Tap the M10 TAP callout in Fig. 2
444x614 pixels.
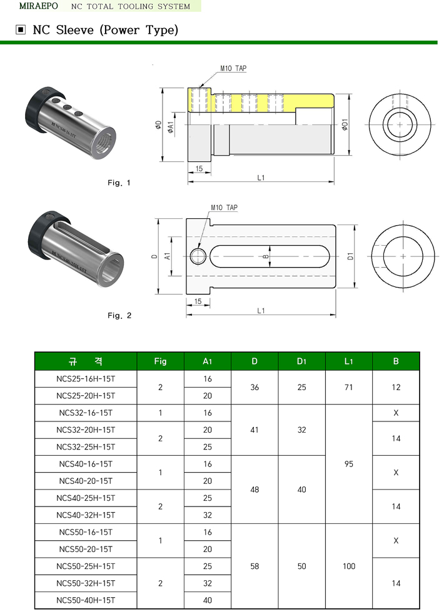[x=224, y=208]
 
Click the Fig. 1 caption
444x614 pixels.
[x=119, y=183]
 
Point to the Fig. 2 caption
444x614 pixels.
[x=119, y=316]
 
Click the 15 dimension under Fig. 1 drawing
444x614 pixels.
[x=199, y=169]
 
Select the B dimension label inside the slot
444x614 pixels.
[x=265, y=256]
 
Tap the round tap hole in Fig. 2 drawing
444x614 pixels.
[x=198, y=256]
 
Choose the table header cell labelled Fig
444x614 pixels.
[x=160, y=361]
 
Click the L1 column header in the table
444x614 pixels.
[x=349, y=361]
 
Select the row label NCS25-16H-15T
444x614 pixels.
[x=86, y=379]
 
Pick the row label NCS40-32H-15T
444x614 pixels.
[x=86, y=515]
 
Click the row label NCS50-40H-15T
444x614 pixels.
[x=86, y=600]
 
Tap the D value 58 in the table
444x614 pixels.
[x=255, y=566]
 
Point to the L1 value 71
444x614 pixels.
[x=349, y=388]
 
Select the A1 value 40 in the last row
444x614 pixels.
[x=208, y=600]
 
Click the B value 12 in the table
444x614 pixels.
[x=396, y=388]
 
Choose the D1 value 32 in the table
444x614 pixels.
[x=302, y=430]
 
